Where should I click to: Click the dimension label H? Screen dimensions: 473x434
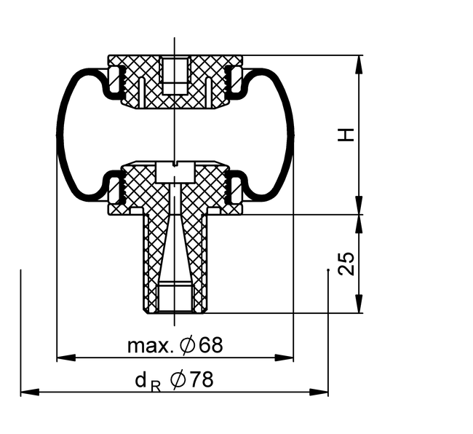click(x=346, y=135)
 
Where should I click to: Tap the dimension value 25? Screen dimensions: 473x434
click(x=346, y=264)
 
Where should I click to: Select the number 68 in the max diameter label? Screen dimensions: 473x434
click(x=210, y=345)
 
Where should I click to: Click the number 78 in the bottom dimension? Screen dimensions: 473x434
click(x=201, y=379)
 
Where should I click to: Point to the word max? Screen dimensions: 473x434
click(x=151, y=346)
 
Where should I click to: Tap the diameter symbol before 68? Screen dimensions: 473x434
click(x=187, y=345)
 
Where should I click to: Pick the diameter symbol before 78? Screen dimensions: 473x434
click(x=178, y=379)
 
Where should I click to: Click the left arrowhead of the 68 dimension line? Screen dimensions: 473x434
click(x=66, y=358)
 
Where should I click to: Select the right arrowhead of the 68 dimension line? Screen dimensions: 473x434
click(x=284, y=358)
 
